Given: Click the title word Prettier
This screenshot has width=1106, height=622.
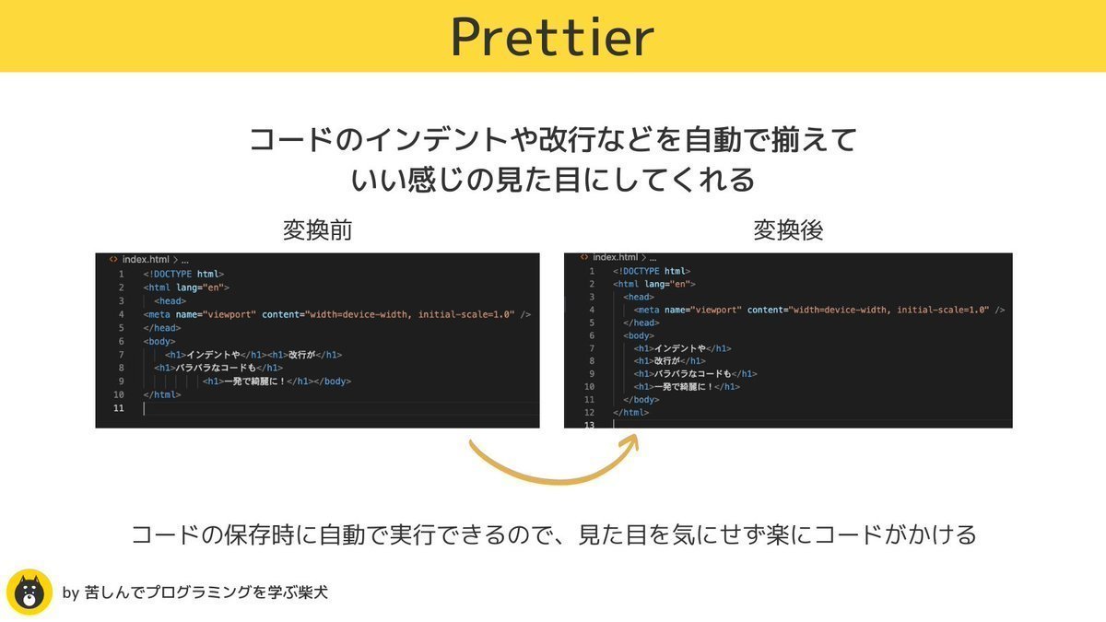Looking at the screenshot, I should pos(553,37).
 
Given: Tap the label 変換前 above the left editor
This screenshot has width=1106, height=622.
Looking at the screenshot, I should pos(317,230).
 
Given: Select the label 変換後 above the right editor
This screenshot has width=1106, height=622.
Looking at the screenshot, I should pos(788,230).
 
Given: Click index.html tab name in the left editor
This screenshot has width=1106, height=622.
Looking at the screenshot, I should pos(146,260).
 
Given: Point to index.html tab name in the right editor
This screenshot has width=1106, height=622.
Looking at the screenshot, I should pos(615,257).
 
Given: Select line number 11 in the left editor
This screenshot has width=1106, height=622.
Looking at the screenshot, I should pos(119,407).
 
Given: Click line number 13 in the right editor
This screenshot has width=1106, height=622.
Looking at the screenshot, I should pos(589,425).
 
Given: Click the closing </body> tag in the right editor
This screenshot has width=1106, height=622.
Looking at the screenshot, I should pos(641,400).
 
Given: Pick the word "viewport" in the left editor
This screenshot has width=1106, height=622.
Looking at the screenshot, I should pos(229,314).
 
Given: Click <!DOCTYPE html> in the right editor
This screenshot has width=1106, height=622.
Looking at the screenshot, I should pos(651,271).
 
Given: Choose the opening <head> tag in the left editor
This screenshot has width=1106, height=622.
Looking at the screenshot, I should pos(171,300).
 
